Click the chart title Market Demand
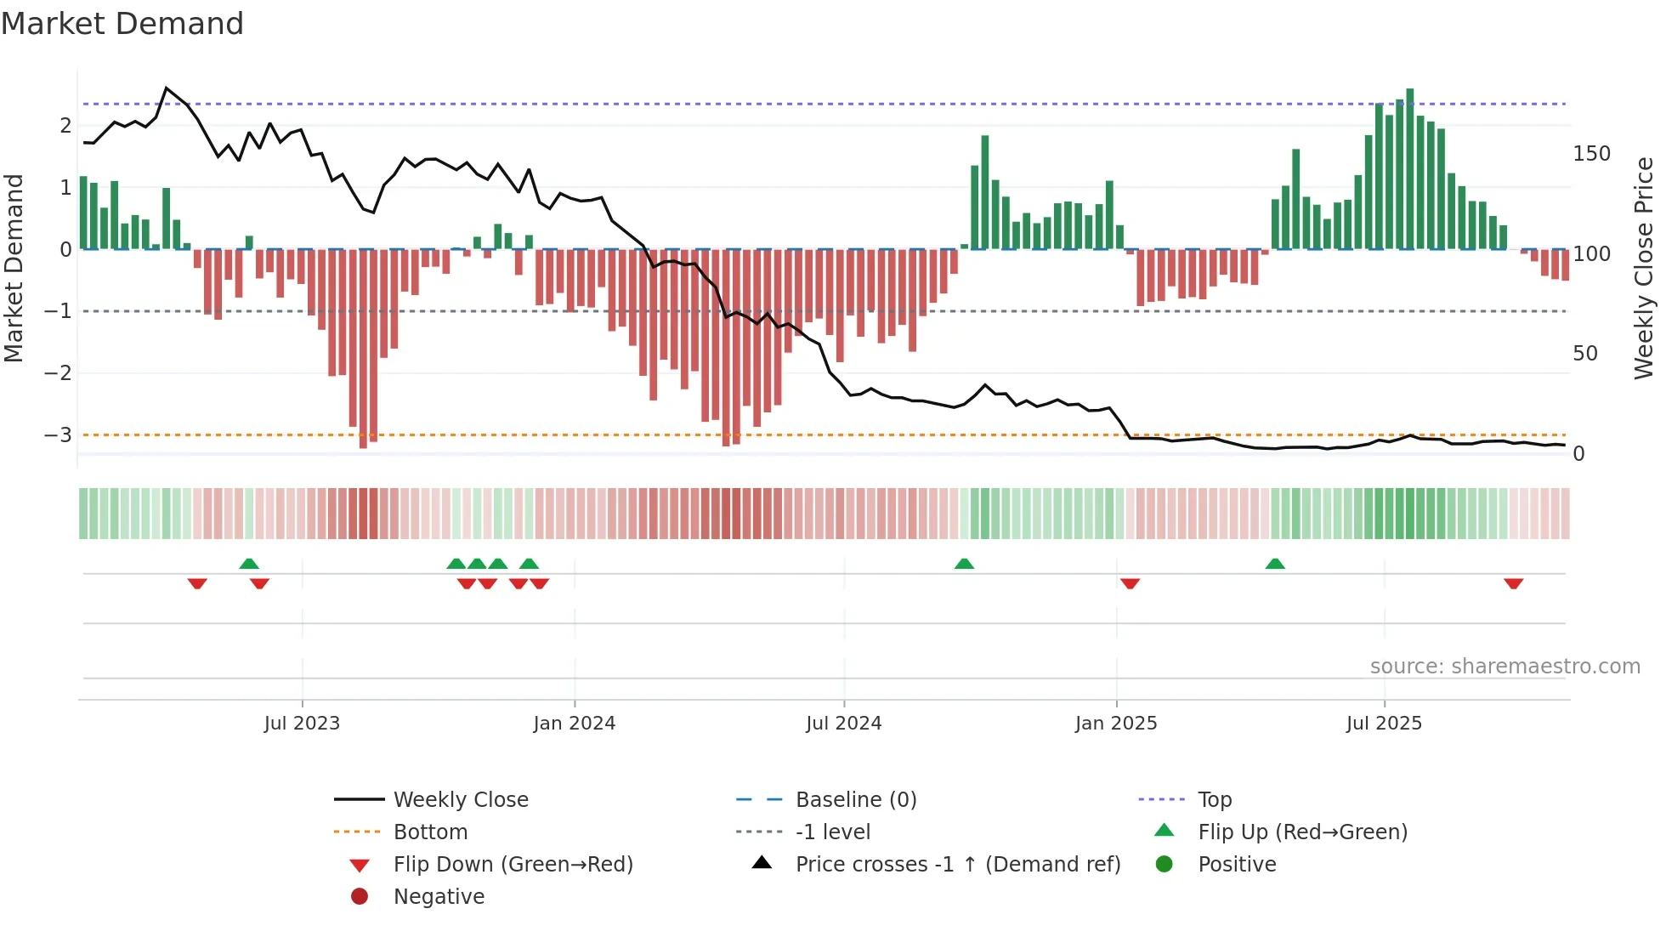point(122,24)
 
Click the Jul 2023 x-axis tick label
point(302,724)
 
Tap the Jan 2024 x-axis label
point(574,724)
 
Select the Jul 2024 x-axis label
point(843,724)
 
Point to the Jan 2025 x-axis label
point(1115,724)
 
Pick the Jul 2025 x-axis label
point(1384,724)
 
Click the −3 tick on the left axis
point(58,435)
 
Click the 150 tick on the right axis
point(1591,154)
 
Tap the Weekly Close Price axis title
point(1644,268)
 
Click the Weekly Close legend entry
point(460,800)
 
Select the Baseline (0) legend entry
point(855,800)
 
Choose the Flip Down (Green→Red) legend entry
point(513,865)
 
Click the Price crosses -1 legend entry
point(957,865)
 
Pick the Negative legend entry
point(439,897)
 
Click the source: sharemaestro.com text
point(1504,667)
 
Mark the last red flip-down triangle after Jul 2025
point(1513,583)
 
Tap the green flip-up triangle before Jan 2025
point(964,564)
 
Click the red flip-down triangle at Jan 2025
point(1130,583)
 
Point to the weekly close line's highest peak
point(167,88)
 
